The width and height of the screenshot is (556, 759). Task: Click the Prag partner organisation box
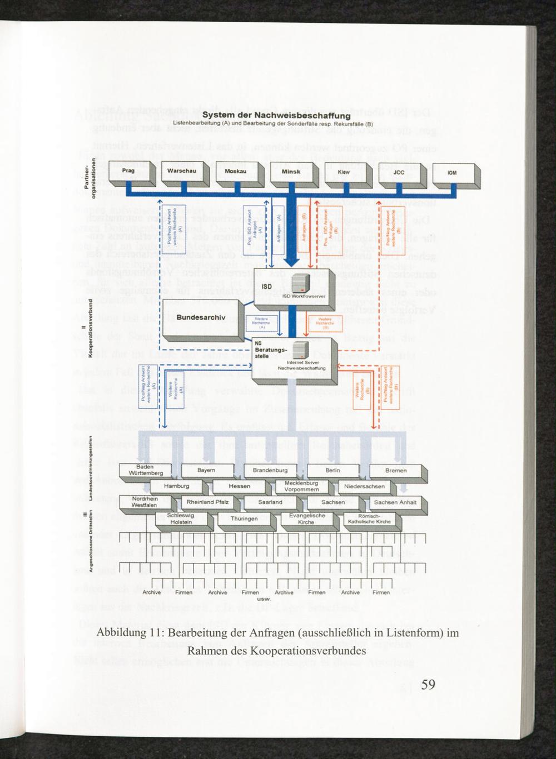127,172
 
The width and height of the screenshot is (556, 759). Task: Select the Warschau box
181,172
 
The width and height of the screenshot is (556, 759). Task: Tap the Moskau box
236,172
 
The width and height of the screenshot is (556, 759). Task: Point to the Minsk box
291,172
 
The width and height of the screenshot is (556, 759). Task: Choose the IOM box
452,173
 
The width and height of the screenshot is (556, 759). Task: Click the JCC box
399,172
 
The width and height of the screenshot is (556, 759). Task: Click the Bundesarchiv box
200,318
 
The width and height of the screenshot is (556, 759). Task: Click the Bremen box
396,471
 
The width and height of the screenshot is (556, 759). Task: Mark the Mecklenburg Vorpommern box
301,486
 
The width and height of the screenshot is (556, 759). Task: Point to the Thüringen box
244,518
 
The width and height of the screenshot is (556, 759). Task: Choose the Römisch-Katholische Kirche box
369,518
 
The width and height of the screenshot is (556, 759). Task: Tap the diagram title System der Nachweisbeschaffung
275,115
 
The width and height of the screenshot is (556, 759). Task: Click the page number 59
428,684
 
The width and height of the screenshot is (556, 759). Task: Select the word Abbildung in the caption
121,633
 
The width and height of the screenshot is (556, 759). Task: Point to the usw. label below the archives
264,599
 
